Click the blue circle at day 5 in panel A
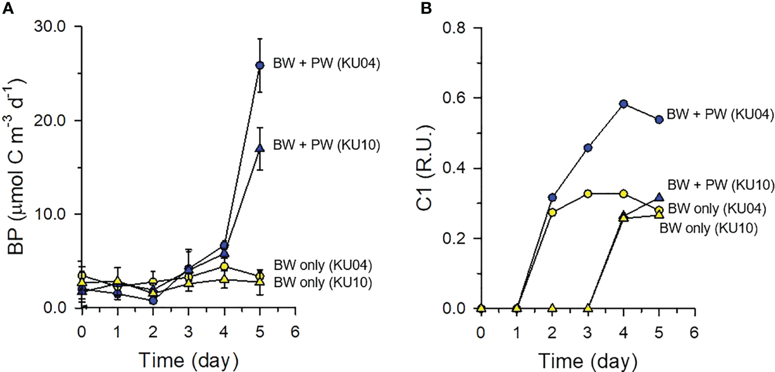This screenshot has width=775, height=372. [x=260, y=66]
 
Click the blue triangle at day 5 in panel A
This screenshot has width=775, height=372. [x=260, y=148]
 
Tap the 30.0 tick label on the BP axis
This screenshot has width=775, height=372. [x=52, y=27]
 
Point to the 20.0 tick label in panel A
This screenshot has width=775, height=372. [x=52, y=121]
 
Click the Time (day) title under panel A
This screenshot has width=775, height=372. [x=189, y=360]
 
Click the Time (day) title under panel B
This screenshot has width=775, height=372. [x=588, y=360]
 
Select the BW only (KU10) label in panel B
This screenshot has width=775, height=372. [x=708, y=228]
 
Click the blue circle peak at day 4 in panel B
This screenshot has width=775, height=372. [x=624, y=104]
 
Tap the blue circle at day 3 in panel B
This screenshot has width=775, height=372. [x=588, y=148]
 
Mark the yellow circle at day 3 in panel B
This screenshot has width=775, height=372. [x=588, y=194]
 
